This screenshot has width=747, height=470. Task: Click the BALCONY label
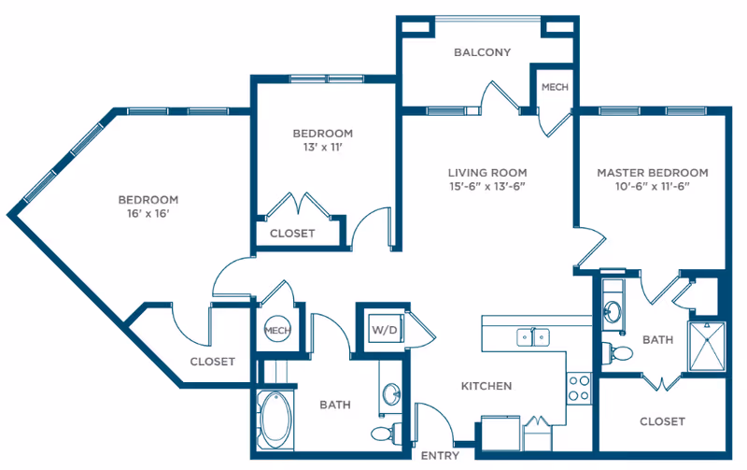(482, 52)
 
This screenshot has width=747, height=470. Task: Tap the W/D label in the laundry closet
(384, 330)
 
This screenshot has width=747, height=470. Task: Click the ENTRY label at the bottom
(439, 456)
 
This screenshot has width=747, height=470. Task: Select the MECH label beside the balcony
(555, 87)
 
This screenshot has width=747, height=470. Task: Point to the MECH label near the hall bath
(276, 330)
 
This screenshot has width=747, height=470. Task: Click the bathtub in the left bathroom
(275, 420)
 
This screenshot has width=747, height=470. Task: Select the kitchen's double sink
(532, 336)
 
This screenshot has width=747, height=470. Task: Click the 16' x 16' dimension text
(148, 214)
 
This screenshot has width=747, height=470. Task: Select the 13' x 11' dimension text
(322, 147)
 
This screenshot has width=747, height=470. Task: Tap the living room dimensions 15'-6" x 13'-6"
(486, 186)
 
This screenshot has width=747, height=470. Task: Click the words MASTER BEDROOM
(652, 172)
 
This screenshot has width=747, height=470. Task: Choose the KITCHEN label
(486, 386)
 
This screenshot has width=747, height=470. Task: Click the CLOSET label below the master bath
(662, 421)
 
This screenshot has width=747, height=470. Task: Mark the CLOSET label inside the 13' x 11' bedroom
(292, 234)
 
